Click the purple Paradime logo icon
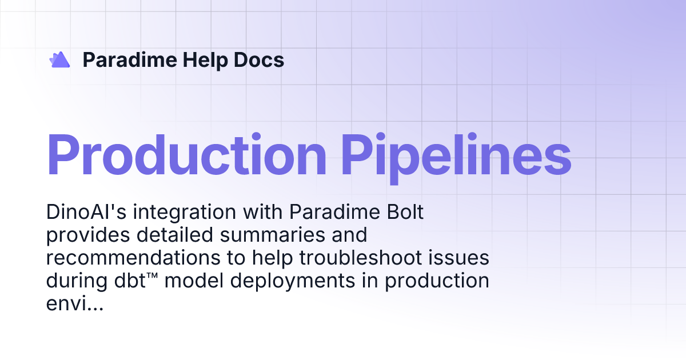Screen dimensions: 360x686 [x=59, y=59]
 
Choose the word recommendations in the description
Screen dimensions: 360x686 [x=133, y=258]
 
